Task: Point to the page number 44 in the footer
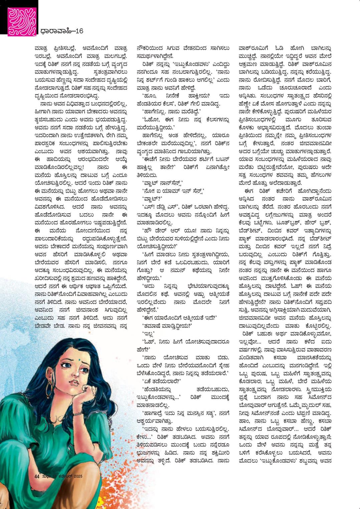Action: coord(37,476)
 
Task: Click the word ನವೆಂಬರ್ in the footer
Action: coord(62,476)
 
